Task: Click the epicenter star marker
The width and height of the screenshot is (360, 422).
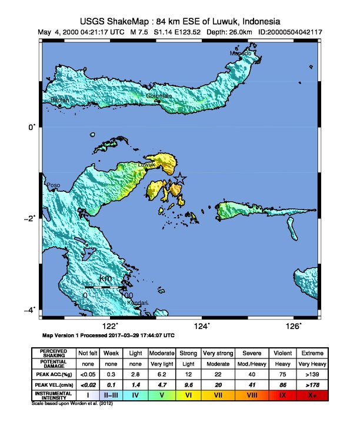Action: pos(180,179)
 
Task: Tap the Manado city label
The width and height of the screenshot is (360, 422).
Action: pos(241,54)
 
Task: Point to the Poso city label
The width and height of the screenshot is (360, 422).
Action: pos(54,185)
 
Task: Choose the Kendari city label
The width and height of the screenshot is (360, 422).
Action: pos(138,303)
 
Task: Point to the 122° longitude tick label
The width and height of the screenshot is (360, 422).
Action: pos(110,325)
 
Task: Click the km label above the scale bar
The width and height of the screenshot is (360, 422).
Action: pos(106,278)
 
